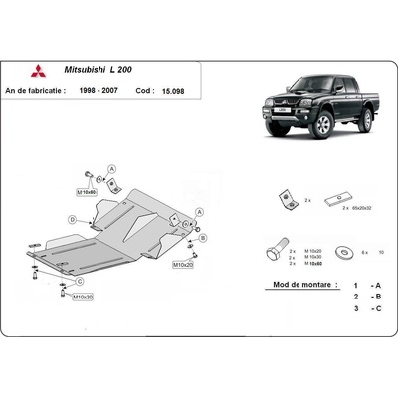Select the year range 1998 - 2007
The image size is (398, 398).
point(103,90)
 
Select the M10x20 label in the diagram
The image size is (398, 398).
point(182,266)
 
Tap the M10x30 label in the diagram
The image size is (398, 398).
point(84,298)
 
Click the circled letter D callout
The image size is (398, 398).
point(74,218)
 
